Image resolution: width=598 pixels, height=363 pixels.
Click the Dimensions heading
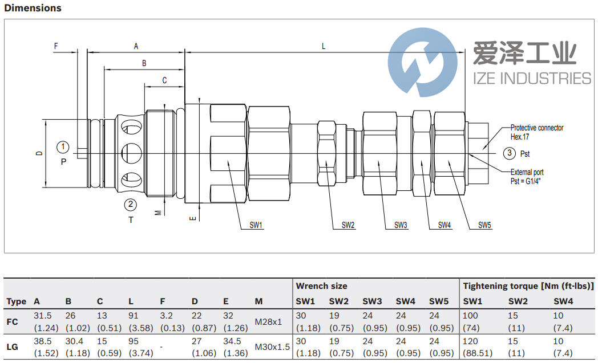[x=33, y=8]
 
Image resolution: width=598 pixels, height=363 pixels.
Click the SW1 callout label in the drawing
[x=256, y=225]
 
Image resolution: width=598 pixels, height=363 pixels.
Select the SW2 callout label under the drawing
[x=348, y=225]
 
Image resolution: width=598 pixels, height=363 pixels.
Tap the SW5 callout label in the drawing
[x=484, y=225]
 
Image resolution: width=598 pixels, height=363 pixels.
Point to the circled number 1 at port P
[x=63, y=148]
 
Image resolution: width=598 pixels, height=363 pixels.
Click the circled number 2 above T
[x=131, y=204]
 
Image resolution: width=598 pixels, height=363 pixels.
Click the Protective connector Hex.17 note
[x=536, y=132]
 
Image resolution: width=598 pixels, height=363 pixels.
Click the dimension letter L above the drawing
[x=324, y=46]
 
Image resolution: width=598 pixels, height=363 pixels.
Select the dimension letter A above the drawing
[x=136, y=46]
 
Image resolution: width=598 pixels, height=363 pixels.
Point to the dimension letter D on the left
[x=39, y=153]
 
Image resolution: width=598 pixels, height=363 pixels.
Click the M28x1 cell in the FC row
[x=268, y=321]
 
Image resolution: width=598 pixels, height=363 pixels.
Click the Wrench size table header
[x=321, y=286]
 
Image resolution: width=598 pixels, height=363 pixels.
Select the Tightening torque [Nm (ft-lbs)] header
[x=524, y=286]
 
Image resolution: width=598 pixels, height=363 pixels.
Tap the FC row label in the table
[x=12, y=321]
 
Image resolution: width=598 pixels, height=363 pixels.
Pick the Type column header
[x=16, y=301]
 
